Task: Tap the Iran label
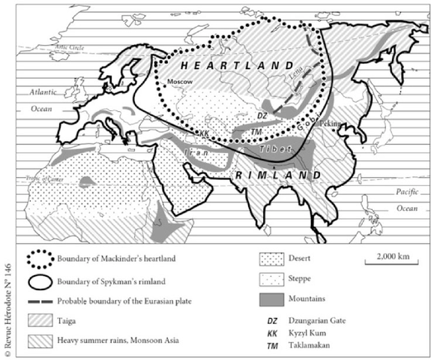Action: click(197, 151)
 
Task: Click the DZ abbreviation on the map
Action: click(262, 115)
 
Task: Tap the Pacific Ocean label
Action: click(408, 199)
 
